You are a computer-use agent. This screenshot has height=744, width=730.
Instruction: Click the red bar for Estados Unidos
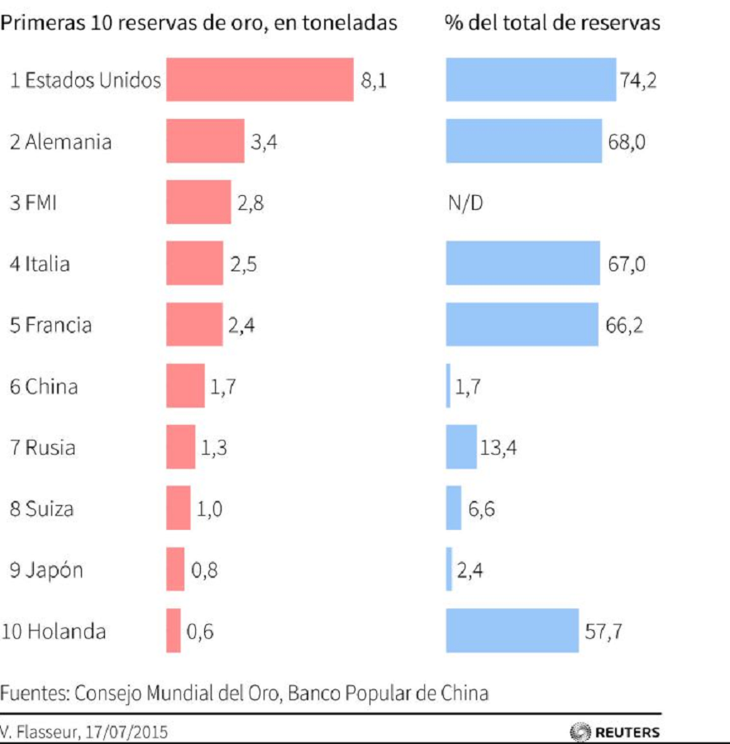coord(260,79)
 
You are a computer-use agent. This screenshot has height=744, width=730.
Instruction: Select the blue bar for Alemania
coord(523,141)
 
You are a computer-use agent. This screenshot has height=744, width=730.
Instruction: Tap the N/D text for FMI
coord(464,203)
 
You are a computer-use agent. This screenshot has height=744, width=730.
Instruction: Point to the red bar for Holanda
coord(174,631)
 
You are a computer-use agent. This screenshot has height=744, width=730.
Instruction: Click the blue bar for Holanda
coord(512,631)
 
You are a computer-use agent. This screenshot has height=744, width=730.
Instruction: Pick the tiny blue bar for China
coord(449,386)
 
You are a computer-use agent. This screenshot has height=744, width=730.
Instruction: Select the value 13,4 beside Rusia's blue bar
coord(498,447)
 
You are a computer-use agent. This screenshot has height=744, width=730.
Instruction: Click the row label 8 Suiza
coord(41,508)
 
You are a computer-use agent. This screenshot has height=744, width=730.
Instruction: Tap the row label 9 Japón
coord(46,570)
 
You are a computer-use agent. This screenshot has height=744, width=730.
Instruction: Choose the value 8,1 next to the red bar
coord(373,80)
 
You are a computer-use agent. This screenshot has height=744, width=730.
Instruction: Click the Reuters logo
coord(615,732)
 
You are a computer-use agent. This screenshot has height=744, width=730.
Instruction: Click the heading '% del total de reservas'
coord(552,22)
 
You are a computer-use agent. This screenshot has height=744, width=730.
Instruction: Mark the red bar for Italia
coord(194,263)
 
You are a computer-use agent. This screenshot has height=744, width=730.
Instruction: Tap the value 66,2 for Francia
coord(624,324)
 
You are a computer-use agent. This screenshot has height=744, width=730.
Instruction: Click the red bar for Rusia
coord(180,447)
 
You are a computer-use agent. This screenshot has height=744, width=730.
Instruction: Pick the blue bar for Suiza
coord(453,508)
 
